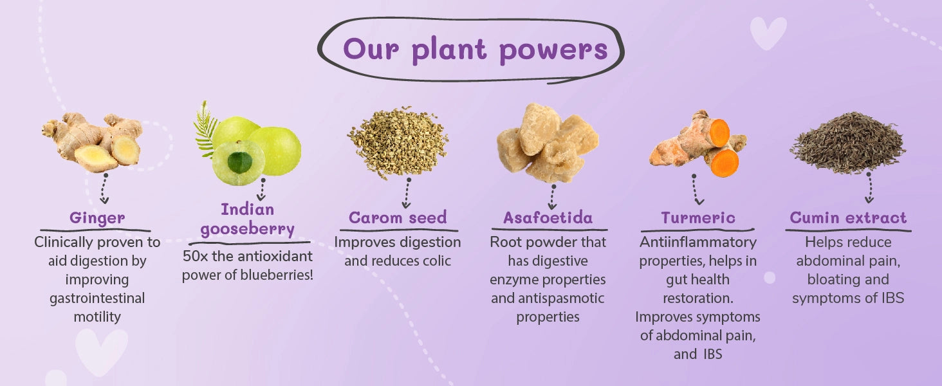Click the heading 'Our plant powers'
(476, 50)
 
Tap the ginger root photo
(93, 142)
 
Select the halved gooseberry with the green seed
(239, 163)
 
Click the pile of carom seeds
(398, 142)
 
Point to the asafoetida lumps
(548, 143)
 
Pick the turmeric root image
(698, 143)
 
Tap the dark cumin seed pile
(848, 143)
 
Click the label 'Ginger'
(97, 218)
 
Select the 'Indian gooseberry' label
(247, 219)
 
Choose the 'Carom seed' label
(398, 217)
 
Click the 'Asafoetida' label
(548, 217)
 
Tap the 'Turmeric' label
(698, 217)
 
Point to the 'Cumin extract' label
(848, 217)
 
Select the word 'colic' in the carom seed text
(434, 261)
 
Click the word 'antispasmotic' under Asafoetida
(562, 298)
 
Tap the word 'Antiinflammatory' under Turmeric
(698, 242)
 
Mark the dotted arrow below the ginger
(104, 188)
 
